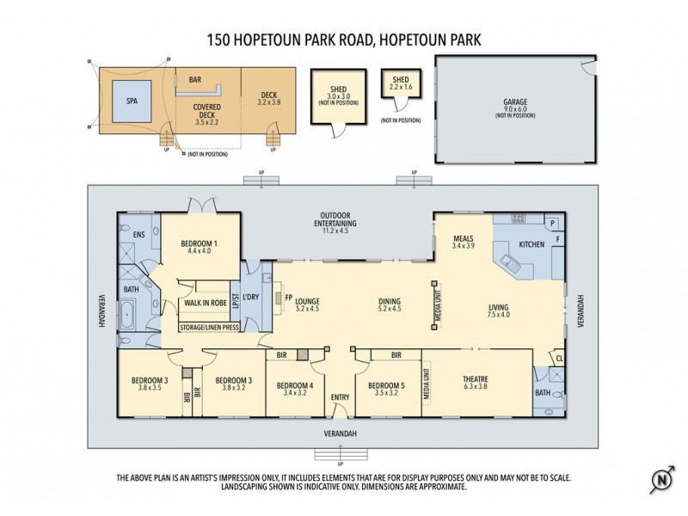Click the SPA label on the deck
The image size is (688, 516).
(x=132, y=100)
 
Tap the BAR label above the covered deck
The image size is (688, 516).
(x=195, y=79)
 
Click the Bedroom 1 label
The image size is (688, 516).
(x=199, y=248)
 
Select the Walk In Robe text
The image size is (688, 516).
(x=204, y=303)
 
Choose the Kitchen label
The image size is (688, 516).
(x=531, y=244)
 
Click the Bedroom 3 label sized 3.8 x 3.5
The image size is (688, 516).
(x=149, y=384)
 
